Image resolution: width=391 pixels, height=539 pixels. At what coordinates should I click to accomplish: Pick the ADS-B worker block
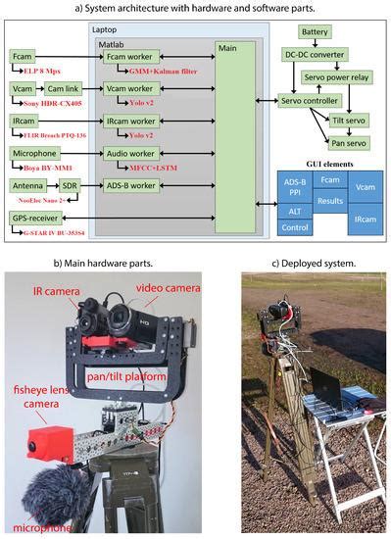131,184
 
